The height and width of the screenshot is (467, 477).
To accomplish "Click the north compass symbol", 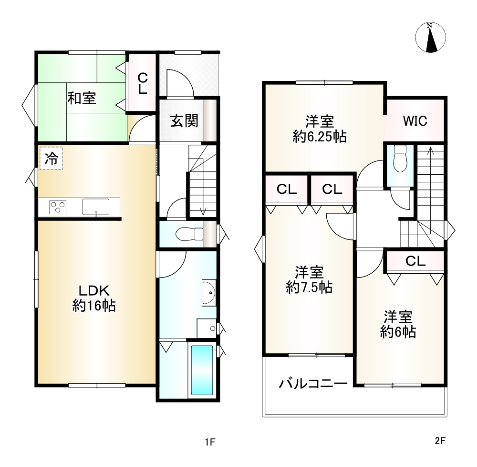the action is pos(430,37).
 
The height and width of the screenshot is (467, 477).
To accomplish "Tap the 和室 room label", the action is pos(82,98).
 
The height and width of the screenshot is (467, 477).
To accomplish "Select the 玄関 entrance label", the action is pos(184,120).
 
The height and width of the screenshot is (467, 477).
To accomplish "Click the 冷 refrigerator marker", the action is pos(51,158).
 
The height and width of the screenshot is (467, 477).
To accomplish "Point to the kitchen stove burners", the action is pos(58,208).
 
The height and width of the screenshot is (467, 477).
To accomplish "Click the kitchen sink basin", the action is pos(95,207).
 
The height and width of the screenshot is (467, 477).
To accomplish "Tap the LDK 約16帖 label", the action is pos(93,298).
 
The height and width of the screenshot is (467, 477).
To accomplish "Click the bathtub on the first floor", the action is pos(202,370).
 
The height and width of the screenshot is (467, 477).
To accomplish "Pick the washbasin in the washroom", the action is pos(209,293).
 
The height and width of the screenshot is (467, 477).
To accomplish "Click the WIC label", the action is pos(415,121).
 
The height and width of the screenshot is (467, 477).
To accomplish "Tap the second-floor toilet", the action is pos(400,159).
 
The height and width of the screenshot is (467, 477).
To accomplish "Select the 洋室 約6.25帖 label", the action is pos(320,129).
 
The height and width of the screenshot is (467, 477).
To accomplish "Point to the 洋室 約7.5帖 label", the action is pos(309,279).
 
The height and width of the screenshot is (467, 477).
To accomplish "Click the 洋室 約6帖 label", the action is pos(398,324).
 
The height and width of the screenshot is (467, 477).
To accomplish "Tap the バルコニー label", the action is pos(313,384).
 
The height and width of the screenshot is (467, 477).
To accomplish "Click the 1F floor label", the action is pos(210,442).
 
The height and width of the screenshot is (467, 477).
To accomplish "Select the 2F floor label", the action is pos(440,441).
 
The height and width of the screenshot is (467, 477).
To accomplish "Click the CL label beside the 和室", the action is pos(142,83).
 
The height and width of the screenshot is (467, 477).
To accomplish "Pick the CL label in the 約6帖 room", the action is pos(415,261).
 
